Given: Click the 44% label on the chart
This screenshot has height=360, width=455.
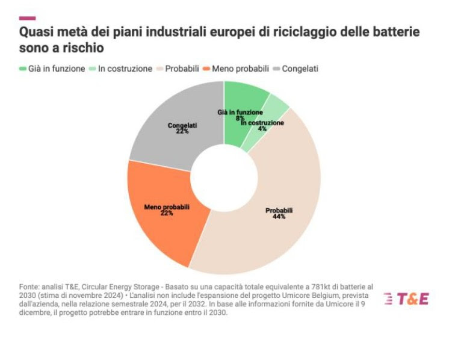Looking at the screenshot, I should (279, 217).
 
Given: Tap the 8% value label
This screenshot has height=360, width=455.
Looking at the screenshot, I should (240, 119).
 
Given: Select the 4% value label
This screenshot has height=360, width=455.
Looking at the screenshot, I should (262, 129).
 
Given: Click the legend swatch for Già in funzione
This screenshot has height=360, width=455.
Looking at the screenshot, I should (23, 69).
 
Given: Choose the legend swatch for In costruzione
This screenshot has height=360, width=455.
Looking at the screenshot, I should (93, 69).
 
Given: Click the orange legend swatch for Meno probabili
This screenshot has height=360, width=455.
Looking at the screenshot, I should (206, 69).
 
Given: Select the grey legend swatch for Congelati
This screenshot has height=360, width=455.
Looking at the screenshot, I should (276, 69).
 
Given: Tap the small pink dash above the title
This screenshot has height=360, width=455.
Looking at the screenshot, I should (27, 18).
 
